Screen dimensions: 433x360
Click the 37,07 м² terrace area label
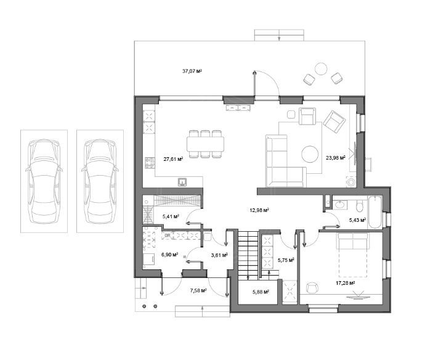click(192, 71)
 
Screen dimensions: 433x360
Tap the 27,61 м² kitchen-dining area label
click(173, 159)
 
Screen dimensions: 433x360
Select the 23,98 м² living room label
click(336, 158)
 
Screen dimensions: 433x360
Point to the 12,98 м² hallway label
click(259, 210)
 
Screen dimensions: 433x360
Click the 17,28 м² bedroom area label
click(345, 283)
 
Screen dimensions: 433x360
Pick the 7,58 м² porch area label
click(198, 290)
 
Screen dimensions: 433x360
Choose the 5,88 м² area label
click(261, 292)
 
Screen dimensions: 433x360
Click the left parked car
click(44, 181)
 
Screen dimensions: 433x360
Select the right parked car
click(100, 181)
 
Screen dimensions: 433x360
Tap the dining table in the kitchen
click(205, 144)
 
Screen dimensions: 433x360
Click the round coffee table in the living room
click(310, 154)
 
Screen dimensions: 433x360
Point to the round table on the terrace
click(321, 69)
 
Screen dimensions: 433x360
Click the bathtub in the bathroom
click(374, 212)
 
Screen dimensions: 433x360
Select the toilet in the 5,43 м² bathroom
click(360, 205)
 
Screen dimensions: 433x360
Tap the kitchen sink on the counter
click(182, 182)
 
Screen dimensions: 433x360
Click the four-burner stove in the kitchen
click(150, 163)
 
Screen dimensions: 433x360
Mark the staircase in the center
click(248, 256)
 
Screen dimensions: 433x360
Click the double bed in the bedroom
click(352, 255)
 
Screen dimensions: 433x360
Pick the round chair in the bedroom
click(312, 288)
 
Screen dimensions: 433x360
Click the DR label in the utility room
click(168, 235)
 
